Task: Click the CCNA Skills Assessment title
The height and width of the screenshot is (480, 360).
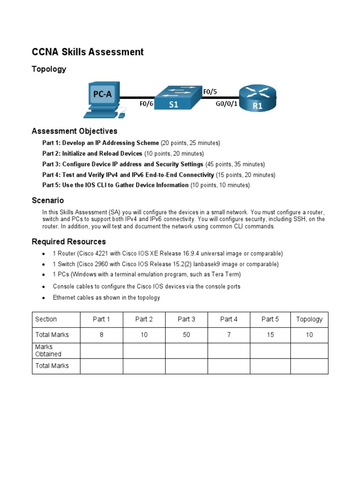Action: click(x=87, y=52)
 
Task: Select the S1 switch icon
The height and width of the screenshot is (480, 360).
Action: click(x=174, y=98)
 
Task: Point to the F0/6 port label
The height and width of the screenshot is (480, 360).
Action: click(x=146, y=104)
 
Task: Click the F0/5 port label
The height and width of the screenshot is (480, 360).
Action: click(x=210, y=92)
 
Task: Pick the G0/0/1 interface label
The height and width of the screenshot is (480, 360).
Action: click(x=225, y=104)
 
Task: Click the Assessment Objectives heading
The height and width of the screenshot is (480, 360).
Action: click(x=74, y=131)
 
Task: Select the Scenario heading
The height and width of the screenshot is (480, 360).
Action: click(x=47, y=201)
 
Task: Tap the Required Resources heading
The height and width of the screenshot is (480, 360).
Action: click(x=68, y=242)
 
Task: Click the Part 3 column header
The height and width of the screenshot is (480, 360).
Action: click(x=186, y=319)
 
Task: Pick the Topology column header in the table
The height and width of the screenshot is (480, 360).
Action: click(x=309, y=319)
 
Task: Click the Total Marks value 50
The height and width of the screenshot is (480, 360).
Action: click(x=186, y=335)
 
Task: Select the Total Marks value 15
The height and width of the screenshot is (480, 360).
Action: click(x=270, y=335)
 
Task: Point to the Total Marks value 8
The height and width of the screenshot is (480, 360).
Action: click(x=101, y=335)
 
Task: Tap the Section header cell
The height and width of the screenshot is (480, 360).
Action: click(x=46, y=319)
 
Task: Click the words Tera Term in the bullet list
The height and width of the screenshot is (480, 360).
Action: click(x=225, y=275)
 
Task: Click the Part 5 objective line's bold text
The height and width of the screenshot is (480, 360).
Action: click(x=115, y=185)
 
